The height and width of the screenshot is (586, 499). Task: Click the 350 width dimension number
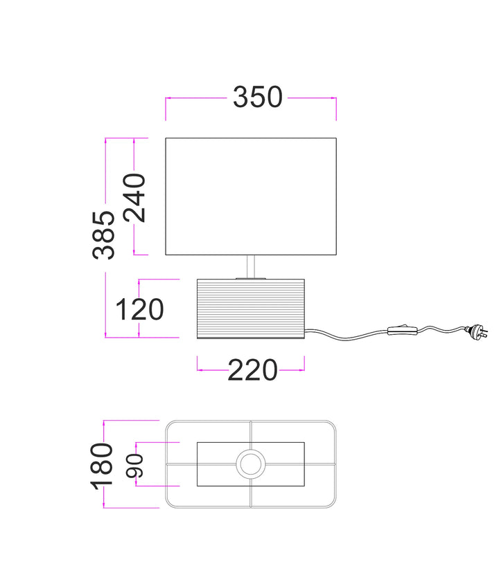258,97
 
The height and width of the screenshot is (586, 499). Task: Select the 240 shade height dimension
134,198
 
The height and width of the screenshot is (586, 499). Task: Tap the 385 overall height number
103,235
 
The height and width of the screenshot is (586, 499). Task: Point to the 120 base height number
139,309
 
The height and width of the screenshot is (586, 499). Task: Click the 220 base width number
252,370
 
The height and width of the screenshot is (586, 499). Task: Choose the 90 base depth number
134,466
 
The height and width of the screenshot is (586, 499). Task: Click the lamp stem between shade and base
251,266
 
